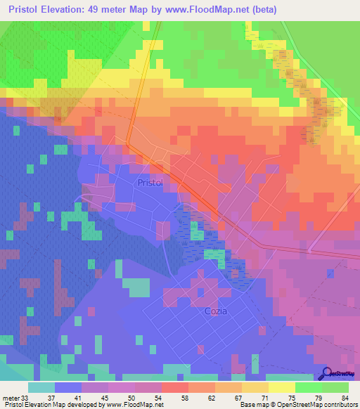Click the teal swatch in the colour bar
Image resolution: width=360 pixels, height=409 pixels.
click(x=41, y=387)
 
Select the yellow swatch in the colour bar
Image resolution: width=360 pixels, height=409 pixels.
click(x=282, y=387)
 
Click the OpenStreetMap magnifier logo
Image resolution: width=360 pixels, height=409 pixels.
click(x=327, y=373)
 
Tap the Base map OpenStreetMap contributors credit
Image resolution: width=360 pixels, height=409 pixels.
click(x=297, y=404)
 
